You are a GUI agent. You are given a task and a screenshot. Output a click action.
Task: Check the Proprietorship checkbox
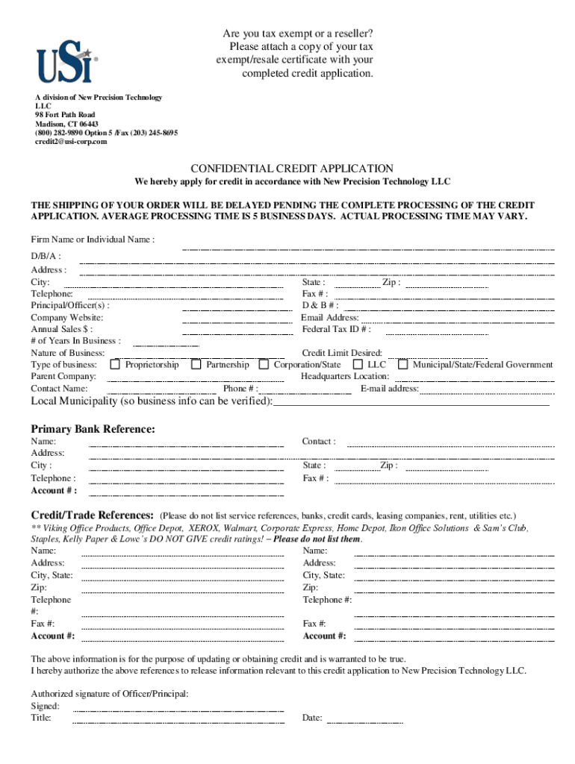click(x=115, y=365)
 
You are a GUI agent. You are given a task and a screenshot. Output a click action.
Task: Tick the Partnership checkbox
click(x=196, y=365)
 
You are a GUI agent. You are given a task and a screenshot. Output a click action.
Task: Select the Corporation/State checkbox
click(x=264, y=365)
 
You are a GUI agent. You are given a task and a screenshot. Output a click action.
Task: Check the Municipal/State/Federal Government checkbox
click(x=402, y=365)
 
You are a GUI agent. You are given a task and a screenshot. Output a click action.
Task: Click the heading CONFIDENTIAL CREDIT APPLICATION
click(x=292, y=169)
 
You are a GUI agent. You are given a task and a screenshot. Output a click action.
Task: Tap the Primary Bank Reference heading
click(x=93, y=429)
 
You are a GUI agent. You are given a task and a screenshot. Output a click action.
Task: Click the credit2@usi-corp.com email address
click(x=71, y=142)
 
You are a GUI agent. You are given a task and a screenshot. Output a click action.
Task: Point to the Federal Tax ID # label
click(x=336, y=329)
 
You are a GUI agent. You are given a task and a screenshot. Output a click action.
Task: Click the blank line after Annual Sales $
click(x=232, y=333)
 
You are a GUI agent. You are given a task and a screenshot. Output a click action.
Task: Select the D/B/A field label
click(x=40, y=256)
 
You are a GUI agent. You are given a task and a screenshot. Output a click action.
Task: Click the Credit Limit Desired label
click(x=342, y=353)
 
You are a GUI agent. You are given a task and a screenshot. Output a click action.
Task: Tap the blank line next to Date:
click(x=365, y=721)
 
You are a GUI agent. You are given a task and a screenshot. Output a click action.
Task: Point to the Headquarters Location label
click(x=344, y=377)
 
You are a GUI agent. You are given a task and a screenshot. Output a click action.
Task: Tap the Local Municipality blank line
click(x=411, y=404)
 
